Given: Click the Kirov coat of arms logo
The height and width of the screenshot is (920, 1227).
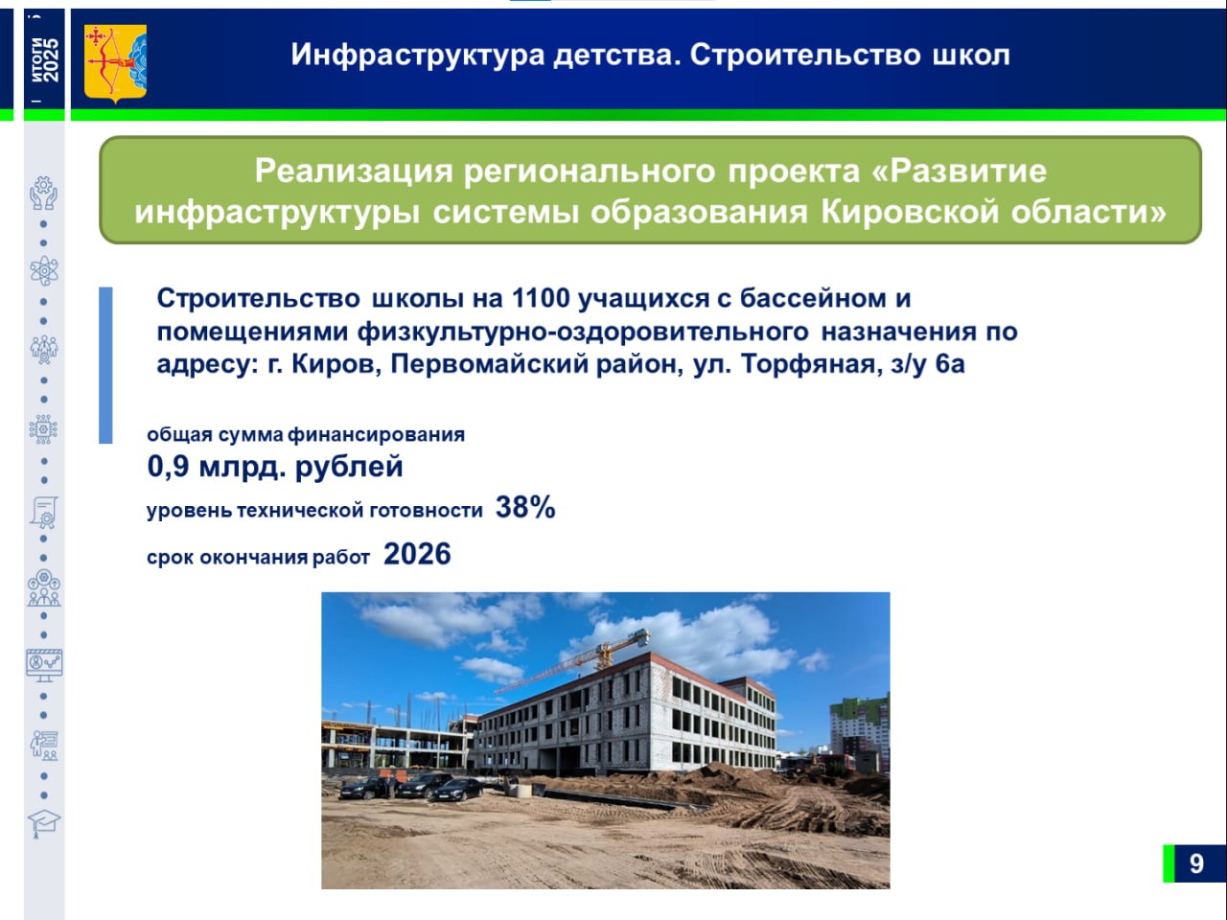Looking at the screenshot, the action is (x=115, y=63).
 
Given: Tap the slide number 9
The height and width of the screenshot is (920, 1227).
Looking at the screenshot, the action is (x=1196, y=863).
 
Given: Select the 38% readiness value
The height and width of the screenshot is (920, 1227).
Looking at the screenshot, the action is (x=525, y=507).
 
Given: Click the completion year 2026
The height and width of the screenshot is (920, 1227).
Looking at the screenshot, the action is (x=417, y=554).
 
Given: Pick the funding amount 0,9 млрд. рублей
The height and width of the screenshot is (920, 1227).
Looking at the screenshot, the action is (x=274, y=467).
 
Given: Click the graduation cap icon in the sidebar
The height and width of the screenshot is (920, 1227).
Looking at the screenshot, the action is (x=44, y=823).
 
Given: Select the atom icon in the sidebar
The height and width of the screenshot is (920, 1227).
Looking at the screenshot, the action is (x=44, y=271).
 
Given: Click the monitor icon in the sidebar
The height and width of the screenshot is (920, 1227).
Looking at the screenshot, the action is (x=44, y=665).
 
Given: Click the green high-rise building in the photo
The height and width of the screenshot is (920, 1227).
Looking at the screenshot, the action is (x=860, y=733).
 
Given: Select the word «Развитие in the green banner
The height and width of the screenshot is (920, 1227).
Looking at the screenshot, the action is (x=959, y=171).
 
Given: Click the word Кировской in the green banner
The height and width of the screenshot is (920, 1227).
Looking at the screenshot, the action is (x=910, y=212).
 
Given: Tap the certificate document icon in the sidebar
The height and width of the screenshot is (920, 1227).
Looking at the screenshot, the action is (x=44, y=512).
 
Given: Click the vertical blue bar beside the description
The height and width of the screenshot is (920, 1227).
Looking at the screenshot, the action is (x=105, y=365).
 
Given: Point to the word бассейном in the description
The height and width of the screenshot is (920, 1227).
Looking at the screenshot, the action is (x=813, y=298).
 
